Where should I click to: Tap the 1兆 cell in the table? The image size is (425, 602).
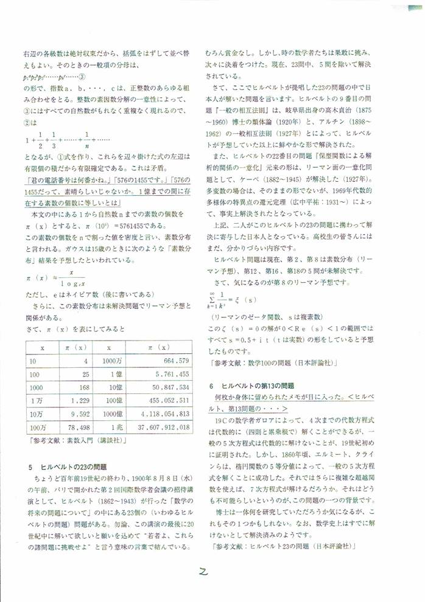[115, 427]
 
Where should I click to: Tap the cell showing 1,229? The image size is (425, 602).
[79, 401]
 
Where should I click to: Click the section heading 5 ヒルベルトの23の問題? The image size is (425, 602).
[68, 466]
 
